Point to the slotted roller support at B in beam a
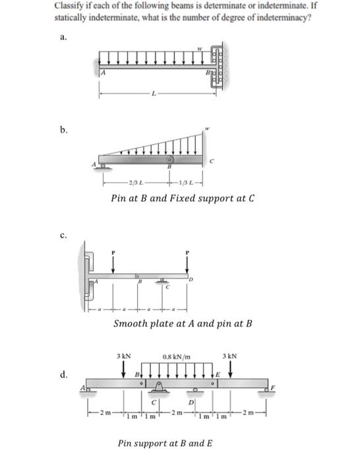pos(218,67)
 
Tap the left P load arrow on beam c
pos(113,263)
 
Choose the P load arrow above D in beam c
pos(189,263)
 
